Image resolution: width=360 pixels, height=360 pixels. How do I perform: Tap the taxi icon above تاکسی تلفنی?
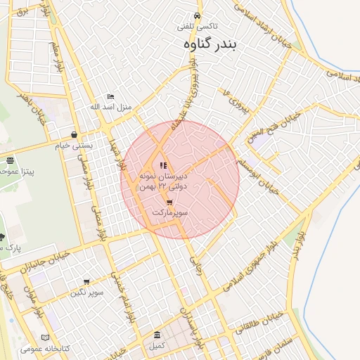click(198, 16)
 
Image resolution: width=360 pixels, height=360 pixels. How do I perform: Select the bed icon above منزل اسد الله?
click(110, 97)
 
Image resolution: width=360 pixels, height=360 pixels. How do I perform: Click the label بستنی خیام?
click(75, 146)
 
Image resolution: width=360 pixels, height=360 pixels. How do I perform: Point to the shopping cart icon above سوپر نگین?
click(86, 282)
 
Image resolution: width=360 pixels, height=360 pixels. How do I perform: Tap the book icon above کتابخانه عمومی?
click(46, 337)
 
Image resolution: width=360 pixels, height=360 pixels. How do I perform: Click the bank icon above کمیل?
click(156, 335)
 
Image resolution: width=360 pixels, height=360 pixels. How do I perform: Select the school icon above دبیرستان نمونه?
click(164, 165)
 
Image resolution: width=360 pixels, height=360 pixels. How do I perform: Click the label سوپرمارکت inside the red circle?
click(169, 212)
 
